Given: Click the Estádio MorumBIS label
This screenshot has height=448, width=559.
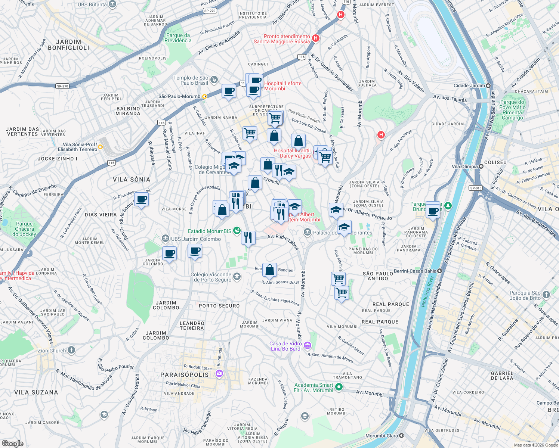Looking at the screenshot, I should pos(210,231).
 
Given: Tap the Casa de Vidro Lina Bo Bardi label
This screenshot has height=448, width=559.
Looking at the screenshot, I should pos(286,346).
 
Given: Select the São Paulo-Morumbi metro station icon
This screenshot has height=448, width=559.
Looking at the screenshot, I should pos(205,96).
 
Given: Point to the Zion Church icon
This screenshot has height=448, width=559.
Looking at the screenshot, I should pos(71,350).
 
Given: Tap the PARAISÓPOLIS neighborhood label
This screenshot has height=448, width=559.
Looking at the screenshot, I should pos(185,374).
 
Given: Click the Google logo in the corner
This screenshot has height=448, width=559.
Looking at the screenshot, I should pos(12,443).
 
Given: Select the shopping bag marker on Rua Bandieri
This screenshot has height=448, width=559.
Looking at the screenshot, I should pos(269,270).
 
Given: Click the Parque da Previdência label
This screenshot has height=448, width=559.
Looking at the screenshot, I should pos(178,38).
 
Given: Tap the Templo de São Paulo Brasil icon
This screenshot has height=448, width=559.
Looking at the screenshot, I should pos(214,79).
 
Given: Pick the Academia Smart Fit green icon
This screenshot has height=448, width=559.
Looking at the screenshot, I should pos(339,387).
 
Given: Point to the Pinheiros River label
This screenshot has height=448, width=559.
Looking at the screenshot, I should pos(427,291).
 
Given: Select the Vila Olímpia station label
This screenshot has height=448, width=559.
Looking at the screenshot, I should pos(464,167).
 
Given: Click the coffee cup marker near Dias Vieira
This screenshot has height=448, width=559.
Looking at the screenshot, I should pos(142,200).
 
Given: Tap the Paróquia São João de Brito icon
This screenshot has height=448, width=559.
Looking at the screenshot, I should pos(546,295).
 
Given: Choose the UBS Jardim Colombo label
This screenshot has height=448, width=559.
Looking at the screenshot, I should pos(196,239).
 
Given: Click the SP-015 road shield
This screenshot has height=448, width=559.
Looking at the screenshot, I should pos(476,188).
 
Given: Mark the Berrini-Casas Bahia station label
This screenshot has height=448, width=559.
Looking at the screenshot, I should pos(415,271).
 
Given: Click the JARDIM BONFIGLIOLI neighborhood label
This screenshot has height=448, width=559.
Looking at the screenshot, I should pos(68,45).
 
